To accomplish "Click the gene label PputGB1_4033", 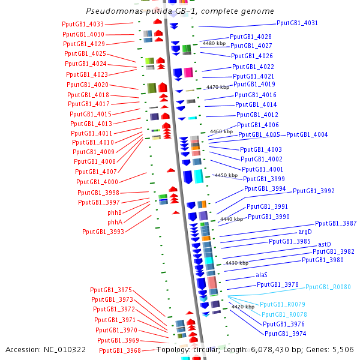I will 83,24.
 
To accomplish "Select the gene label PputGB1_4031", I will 298,23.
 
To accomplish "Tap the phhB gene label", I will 115,212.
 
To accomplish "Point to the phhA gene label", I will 115,222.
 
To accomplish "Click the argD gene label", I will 305,232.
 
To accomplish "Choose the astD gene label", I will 324,244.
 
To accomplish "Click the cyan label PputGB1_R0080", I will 328,287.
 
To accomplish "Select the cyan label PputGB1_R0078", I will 284,314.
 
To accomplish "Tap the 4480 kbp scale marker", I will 214,43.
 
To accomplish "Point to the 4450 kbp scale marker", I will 217,176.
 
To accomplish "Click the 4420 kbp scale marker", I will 242,307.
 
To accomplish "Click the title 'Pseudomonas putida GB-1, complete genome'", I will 180,11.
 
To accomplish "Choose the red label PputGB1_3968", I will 119,350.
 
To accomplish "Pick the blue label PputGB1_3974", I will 286,334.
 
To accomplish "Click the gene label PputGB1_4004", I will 307,134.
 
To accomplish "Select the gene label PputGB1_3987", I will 336,224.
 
